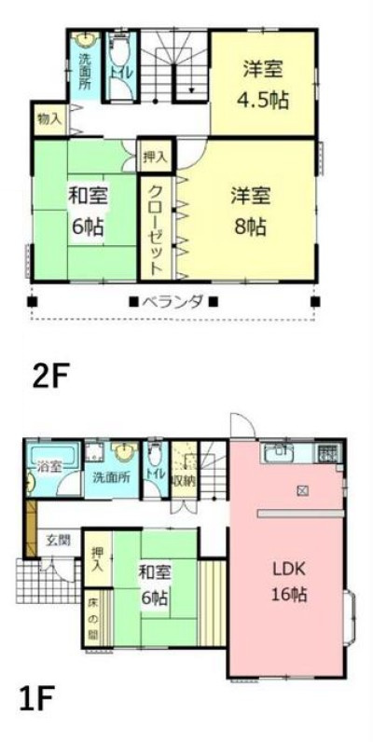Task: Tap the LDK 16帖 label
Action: [x=290, y=581]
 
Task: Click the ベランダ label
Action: [x=173, y=302]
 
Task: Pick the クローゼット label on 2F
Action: [x=155, y=227]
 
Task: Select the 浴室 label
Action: [x=49, y=466]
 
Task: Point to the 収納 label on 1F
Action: [x=184, y=481]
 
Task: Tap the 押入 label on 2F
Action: [x=155, y=157]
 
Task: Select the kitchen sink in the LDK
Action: [x=277, y=452]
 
